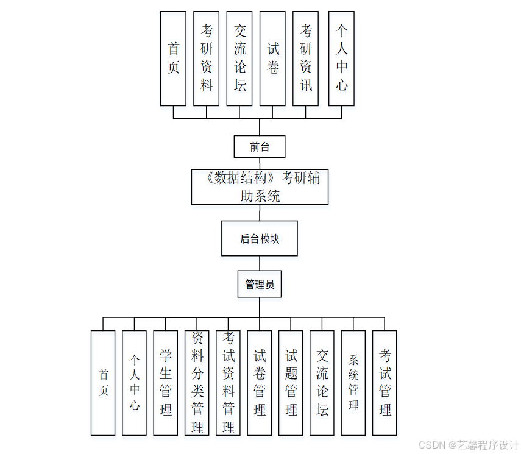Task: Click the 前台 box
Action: pyautogui.click(x=260, y=147)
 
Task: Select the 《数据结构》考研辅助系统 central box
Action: pyautogui.click(x=260, y=187)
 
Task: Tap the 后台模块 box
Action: pyautogui.click(x=260, y=238)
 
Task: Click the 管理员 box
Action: pyautogui.click(x=260, y=284)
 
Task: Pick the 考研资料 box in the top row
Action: pyautogui.click(x=207, y=58)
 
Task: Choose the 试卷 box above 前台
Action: pyautogui.click(x=272, y=58)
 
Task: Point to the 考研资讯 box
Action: pyautogui.click(x=306, y=58)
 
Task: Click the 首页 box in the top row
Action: pyautogui.click(x=174, y=58)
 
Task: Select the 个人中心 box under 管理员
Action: pyautogui.click(x=134, y=383)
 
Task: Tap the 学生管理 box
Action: pyautogui.click(x=166, y=383)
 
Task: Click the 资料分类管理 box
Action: pyautogui.click(x=197, y=383)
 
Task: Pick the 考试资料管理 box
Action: pyautogui.click(x=229, y=383)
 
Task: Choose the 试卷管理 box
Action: pyautogui.click(x=260, y=383)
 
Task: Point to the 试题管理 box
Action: pyautogui.click(x=291, y=383)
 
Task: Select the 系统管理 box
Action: pyautogui.click(x=353, y=383)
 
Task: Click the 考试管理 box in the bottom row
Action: pyautogui.click(x=385, y=383)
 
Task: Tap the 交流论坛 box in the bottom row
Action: pyautogui.click(x=322, y=383)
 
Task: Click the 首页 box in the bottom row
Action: pyautogui.click(x=103, y=383)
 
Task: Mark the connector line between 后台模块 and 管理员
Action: pyautogui.click(x=260, y=263)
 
